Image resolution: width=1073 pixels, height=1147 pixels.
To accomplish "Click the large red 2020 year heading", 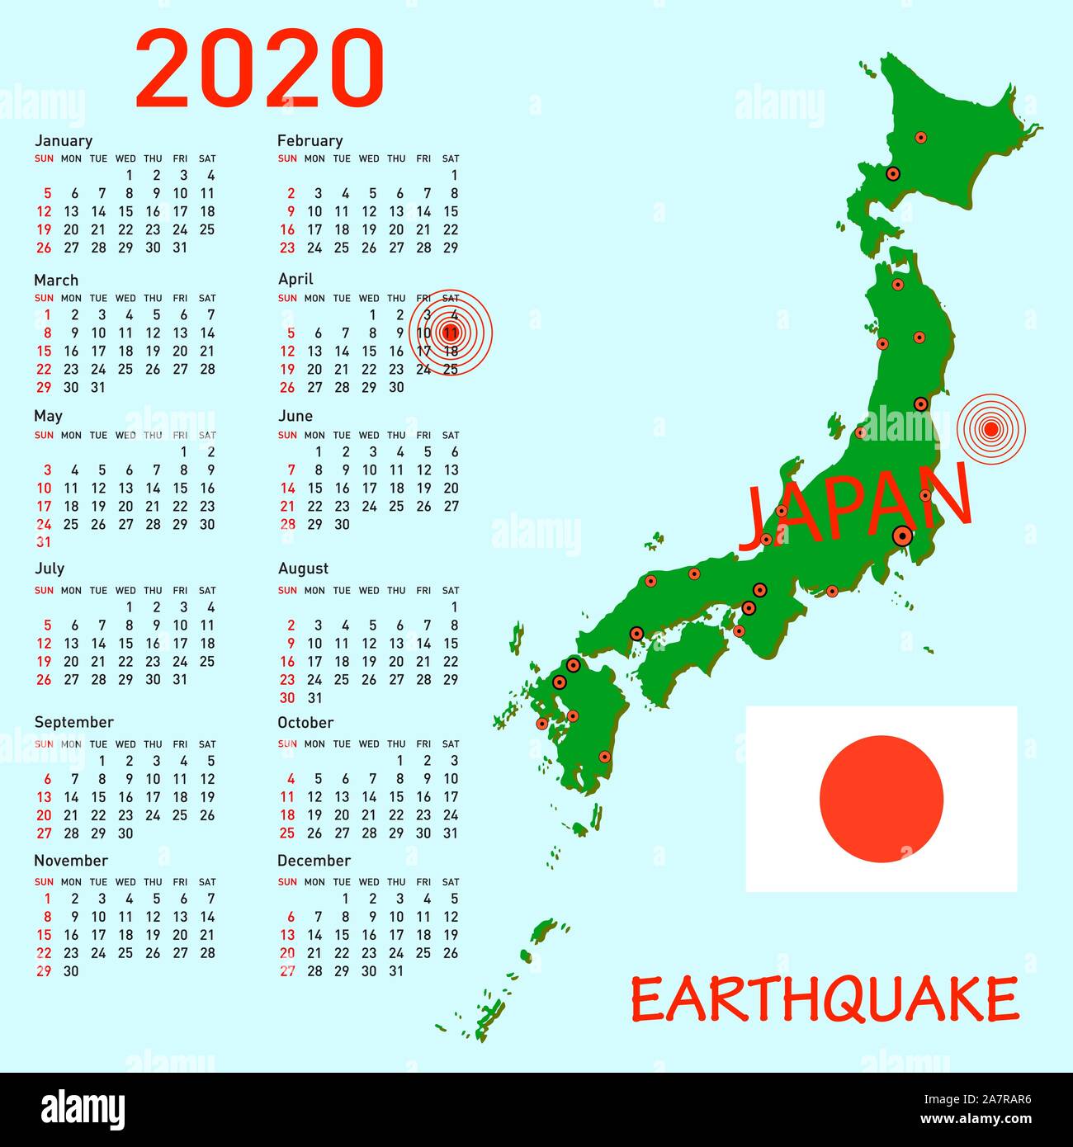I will pyautogui.click(x=259, y=68).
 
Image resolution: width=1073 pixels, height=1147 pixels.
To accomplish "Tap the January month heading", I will pyautogui.click(x=64, y=140).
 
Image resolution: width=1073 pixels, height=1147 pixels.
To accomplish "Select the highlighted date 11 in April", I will pyautogui.click(x=451, y=333).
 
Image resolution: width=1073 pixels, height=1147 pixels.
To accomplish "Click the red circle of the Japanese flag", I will pyautogui.click(x=881, y=798).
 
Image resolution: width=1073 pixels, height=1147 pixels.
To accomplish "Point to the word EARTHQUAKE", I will pyautogui.click(x=825, y=999).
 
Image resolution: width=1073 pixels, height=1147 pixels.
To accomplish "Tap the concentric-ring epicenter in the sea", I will pyautogui.click(x=990, y=428).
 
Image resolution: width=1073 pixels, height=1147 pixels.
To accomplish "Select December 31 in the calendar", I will pyautogui.click(x=396, y=971).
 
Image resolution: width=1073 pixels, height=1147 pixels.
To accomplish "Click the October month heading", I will pyautogui.click(x=305, y=723).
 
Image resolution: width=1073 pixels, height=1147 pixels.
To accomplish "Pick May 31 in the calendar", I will pyautogui.click(x=44, y=542).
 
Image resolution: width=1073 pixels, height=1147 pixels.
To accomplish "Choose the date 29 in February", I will pyautogui.click(x=451, y=248).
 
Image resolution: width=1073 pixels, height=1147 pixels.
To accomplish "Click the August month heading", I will pyautogui.click(x=303, y=569).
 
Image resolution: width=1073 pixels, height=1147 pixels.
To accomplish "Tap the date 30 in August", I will pyautogui.click(x=287, y=698).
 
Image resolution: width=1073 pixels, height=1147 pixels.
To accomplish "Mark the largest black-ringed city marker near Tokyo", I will pyautogui.click(x=902, y=536).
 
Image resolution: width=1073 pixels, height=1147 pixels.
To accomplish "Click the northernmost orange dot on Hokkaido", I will pyautogui.click(x=921, y=138).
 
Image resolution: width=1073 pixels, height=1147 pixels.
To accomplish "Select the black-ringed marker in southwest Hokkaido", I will pyautogui.click(x=892, y=174).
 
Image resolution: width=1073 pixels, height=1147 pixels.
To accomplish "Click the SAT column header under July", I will pyautogui.click(x=207, y=591).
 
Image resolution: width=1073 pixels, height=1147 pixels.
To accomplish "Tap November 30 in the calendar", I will pyautogui.click(x=71, y=971).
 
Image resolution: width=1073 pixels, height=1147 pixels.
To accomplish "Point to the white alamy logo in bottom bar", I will pyautogui.click(x=83, y=1109).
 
